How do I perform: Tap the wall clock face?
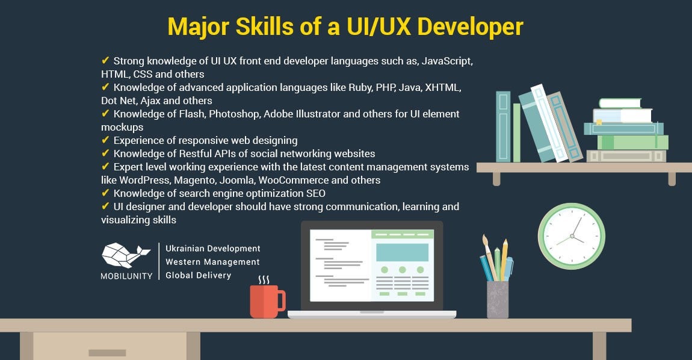pos(572,237)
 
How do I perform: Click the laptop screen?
pos(372,265)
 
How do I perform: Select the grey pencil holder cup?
pos(498,299)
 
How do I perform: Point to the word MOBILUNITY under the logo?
pos(126,276)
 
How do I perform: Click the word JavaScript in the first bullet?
pos(446,61)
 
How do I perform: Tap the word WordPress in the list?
pos(144,180)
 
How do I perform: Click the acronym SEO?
pos(316,193)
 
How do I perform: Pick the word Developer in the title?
pos(470,26)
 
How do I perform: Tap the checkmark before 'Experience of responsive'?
pos(105,140)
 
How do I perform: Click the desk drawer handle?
pos(107,353)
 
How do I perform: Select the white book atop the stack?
pos(620,104)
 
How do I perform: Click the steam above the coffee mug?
pos(264,280)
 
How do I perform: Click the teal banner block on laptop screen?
pos(402,252)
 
